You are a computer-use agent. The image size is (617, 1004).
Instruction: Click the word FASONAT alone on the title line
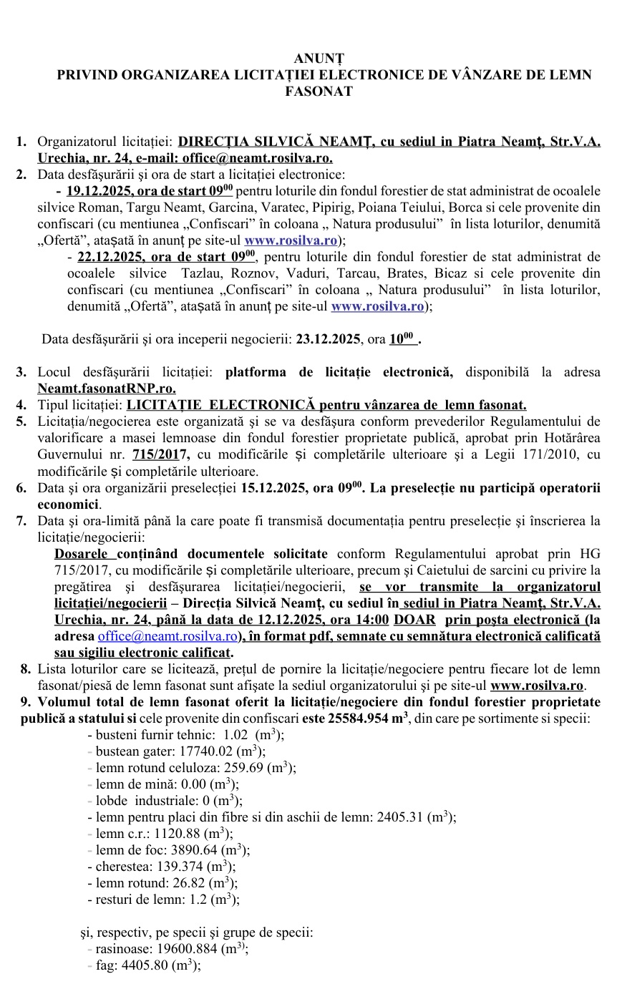(x=309, y=92)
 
